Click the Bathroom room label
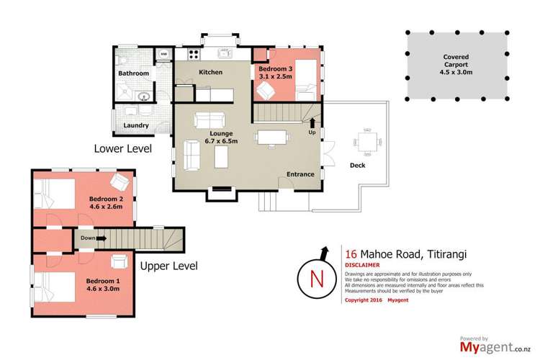coord(134,73)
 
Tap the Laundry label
coord(136,125)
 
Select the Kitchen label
coord(211,72)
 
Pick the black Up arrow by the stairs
coord(312,123)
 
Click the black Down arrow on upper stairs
coord(102,238)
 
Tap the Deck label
coord(357,166)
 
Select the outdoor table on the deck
coord(367,141)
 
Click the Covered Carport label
coord(456,60)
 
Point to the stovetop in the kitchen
coord(194,55)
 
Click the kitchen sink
coord(225,53)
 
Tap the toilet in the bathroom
coord(122,60)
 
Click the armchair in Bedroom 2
coord(120,181)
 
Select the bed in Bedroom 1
coord(55,287)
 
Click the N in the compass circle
coord(318,279)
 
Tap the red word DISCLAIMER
coord(362,265)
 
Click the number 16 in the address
coord(351,254)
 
